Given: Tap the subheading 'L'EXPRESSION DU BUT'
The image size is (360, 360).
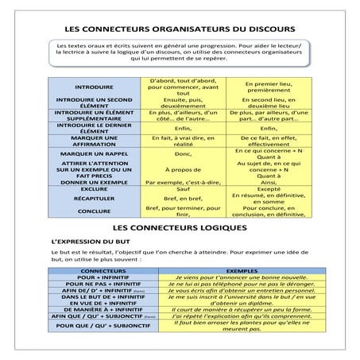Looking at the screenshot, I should click(90, 241).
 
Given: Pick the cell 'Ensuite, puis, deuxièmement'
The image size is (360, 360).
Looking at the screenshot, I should click(182, 103).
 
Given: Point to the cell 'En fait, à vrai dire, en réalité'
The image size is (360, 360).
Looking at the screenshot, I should click(182, 141).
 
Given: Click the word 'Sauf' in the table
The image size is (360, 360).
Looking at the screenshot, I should click(182, 189).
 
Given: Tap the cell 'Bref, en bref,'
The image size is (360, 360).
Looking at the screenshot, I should click(182, 199).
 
